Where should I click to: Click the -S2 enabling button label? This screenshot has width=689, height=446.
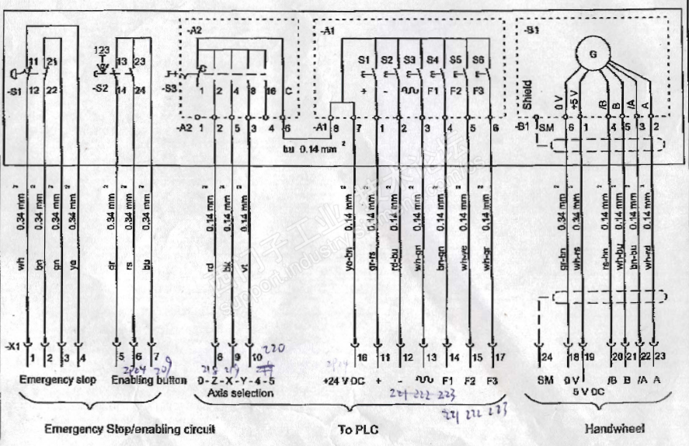100,89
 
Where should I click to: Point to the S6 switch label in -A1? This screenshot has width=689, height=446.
480,59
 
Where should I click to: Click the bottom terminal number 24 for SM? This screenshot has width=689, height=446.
548,357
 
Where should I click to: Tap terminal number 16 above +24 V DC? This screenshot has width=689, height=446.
362,357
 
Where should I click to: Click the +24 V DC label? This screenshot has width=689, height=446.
343,380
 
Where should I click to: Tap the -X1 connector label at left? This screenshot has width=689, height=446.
12,344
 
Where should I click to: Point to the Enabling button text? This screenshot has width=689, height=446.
148,380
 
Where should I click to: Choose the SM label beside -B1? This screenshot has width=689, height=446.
547,127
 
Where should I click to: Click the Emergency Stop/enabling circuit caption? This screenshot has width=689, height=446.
129,428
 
